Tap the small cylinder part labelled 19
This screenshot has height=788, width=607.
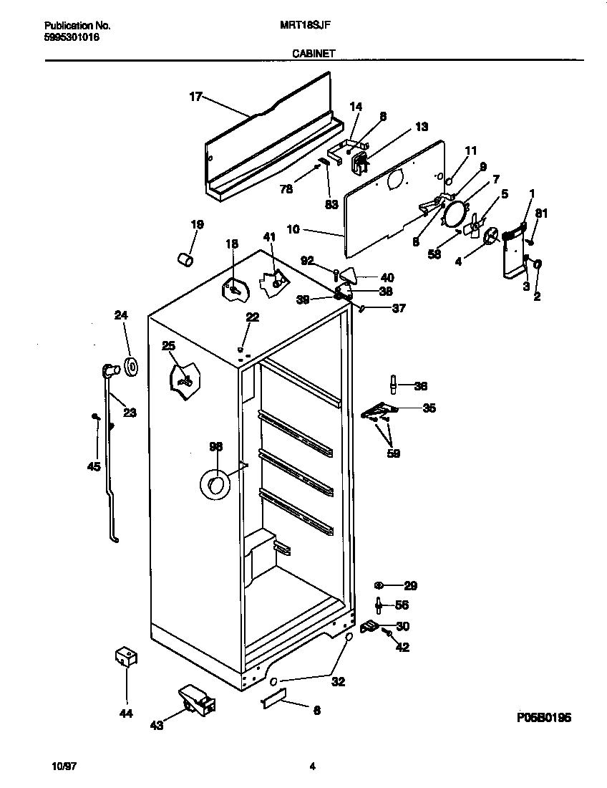coord(186,258)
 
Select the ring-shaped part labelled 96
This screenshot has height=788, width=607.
coord(213,486)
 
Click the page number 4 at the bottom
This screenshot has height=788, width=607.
coord(312,767)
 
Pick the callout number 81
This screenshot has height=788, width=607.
coord(541,213)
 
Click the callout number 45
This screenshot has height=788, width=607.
coord(93,466)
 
